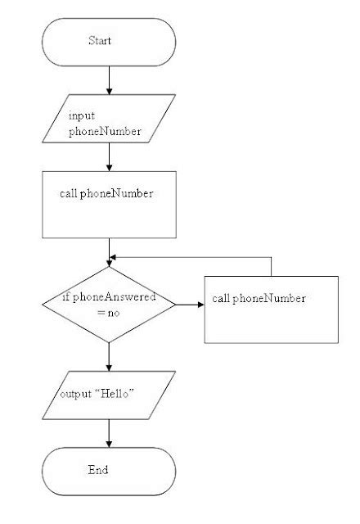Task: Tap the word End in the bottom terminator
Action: [98, 470]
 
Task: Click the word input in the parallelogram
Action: [82, 116]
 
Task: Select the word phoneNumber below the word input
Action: [99, 131]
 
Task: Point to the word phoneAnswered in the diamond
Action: [114, 297]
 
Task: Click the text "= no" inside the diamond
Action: [108, 312]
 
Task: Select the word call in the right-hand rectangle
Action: [221, 298]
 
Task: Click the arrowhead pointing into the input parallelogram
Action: [109, 92]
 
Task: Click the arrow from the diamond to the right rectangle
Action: [189, 305]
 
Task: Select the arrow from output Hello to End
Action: [109, 432]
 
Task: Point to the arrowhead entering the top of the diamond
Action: [109, 261]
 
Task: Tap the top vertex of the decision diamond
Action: [109, 266]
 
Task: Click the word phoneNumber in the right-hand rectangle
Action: [269, 298]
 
